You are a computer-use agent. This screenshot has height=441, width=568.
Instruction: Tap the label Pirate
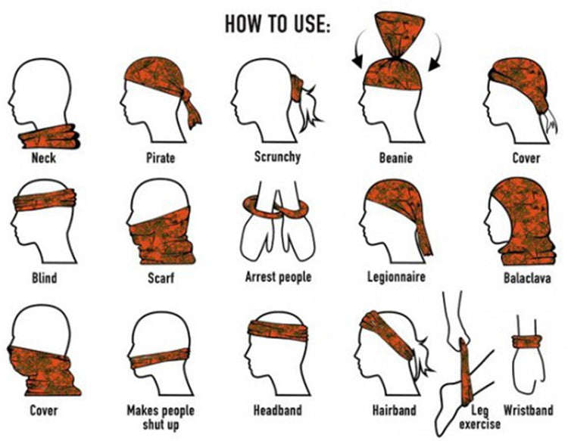click(160, 158)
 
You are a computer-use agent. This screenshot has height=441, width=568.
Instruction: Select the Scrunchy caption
click(277, 157)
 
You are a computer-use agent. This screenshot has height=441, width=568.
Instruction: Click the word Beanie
click(395, 158)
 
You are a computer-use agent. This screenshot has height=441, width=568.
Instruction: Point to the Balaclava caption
click(524, 278)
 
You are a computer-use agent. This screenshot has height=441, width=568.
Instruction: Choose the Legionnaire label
click(395, 278)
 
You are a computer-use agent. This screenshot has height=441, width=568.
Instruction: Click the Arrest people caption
click(277, 278)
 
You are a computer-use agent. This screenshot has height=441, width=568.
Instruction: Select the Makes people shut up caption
click(160, 417)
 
